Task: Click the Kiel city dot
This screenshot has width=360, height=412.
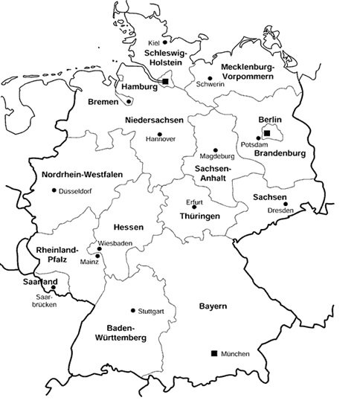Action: point(167,42)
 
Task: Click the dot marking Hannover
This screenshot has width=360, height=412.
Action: point(159,134)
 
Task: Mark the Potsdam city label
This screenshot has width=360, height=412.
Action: point(256,144)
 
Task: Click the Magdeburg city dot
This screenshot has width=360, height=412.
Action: point(215,149)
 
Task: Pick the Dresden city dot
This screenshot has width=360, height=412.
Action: point(286,203)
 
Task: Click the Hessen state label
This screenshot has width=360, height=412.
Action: point(127,227)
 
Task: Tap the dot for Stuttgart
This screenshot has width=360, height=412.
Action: point(132,310)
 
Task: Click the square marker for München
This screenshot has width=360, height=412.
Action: point(214,353)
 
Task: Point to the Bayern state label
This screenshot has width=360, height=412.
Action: point(213,307)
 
